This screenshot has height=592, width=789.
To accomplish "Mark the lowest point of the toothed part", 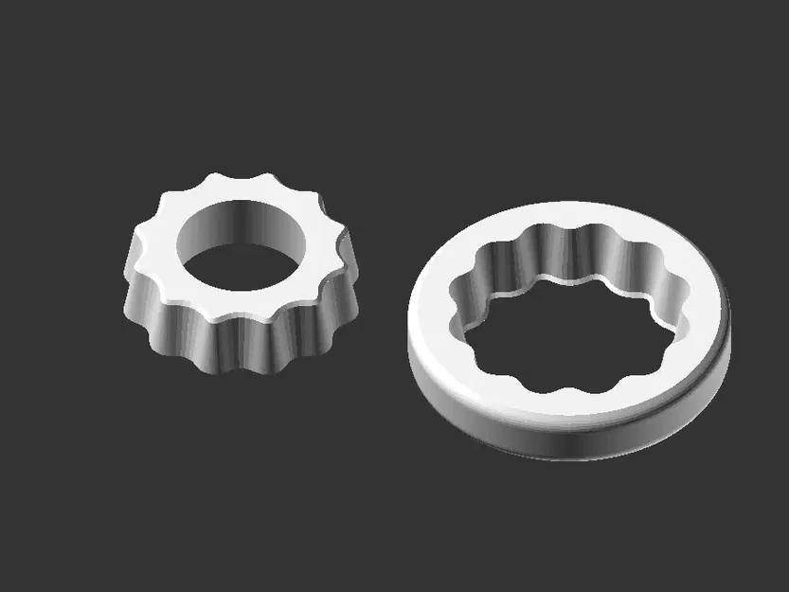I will tap(232, 371).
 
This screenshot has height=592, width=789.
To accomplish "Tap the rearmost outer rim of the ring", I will tap(578, 202).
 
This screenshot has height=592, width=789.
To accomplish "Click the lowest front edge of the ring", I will tap(568, 460).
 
